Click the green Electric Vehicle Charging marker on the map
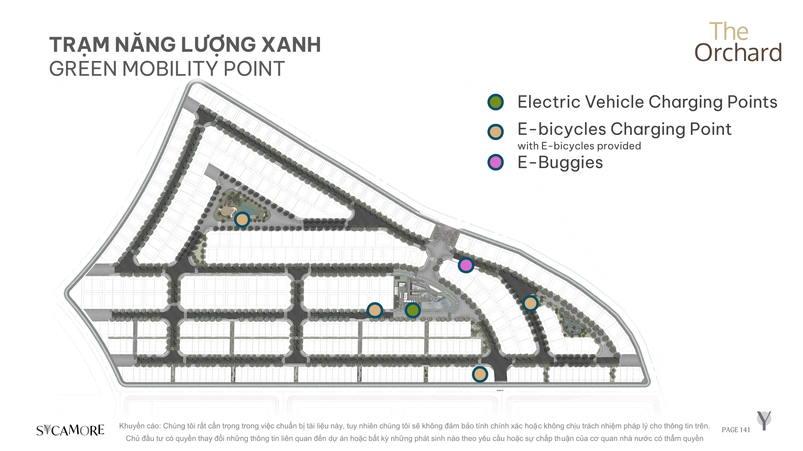[413, 310]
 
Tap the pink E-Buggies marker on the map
[466, 265]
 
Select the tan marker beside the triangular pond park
[242, 219]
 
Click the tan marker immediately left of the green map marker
[375, 310]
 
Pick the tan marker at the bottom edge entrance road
[480, 374]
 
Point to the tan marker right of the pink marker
[530, 303]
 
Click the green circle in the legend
[496, 102]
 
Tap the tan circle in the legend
[496, 132]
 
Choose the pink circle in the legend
[496, 162]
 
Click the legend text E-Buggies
[560, 162]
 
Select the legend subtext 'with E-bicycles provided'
[579, 146]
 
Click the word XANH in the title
[291, 45]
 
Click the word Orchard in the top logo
[738, 53]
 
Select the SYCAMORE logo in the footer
[70, 430]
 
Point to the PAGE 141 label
[736, 430]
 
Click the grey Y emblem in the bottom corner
[764, 421]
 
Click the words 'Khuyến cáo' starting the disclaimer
[139, 426]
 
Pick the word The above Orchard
[729, 31]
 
